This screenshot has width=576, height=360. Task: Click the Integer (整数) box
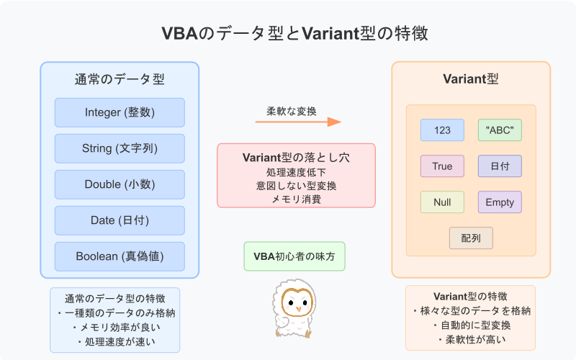[120, 112]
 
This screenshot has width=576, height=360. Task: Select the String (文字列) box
[120, 148]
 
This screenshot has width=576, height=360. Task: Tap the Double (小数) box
[120, 184]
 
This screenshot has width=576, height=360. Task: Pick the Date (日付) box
[120, 220]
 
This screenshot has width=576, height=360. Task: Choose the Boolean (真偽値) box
[120, 256]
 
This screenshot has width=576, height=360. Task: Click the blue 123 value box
[442, 130]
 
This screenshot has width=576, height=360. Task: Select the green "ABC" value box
[500, 130]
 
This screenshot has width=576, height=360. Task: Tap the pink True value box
[442, 166]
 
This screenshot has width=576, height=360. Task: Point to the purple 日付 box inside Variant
[500, 166]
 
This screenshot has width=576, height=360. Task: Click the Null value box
[442, 202]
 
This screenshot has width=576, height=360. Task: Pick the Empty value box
[500, 202]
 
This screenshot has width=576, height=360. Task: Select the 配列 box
[471, 238]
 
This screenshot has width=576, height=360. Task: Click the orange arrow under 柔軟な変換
[297, 122]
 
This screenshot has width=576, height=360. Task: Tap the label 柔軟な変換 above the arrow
[297, 111]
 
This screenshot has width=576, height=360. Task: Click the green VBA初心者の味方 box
[294, 256]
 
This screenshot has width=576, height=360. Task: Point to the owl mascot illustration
[294, 310]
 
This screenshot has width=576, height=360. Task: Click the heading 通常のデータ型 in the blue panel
[120, 79]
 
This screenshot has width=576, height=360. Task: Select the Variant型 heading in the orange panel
[471, 79]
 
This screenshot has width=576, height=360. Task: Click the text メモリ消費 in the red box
[296, 198]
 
